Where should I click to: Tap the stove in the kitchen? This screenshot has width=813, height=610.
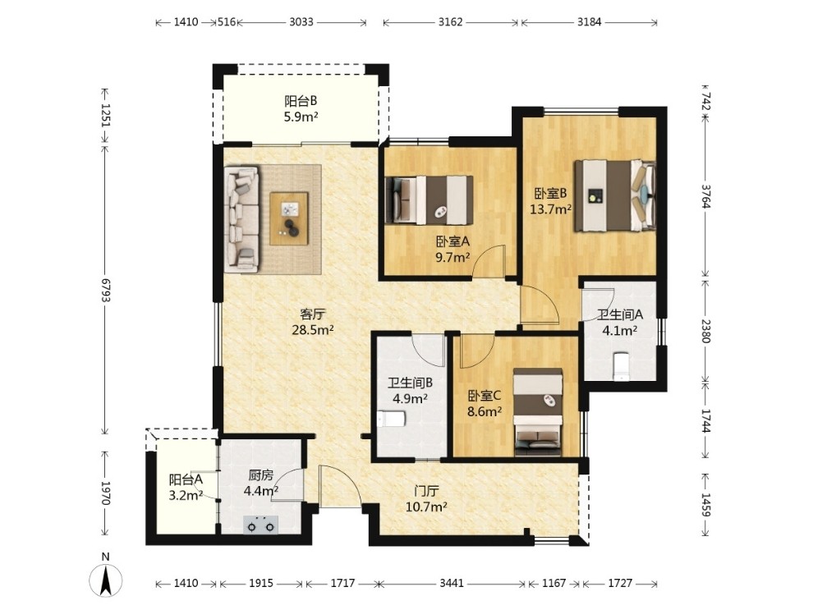click(260, 525)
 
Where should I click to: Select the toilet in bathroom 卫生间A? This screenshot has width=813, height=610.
click(621, 367)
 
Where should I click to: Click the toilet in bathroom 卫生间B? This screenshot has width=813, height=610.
click(390, 419)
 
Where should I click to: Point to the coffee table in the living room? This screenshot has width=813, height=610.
click(289, 218)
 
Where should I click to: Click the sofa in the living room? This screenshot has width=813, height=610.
click(241, 219)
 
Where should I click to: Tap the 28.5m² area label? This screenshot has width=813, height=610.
click(313, 329)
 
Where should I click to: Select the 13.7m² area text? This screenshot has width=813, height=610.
click(551, 209)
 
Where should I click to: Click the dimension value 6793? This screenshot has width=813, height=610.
click(105, 290)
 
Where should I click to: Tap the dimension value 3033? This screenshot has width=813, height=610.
click(301, 22)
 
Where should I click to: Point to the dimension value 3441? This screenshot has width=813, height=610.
click(452, 584)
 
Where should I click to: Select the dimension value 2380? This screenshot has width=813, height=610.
click(705, 330)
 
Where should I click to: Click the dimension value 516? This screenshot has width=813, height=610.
click(227, 22)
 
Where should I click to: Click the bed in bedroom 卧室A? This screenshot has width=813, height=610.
click(429, 200)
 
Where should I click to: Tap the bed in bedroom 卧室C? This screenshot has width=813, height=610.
click(538, 412)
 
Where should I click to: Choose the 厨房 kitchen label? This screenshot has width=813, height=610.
click(261, 476)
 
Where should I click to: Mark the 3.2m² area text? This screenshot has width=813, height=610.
click(186, 495)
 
